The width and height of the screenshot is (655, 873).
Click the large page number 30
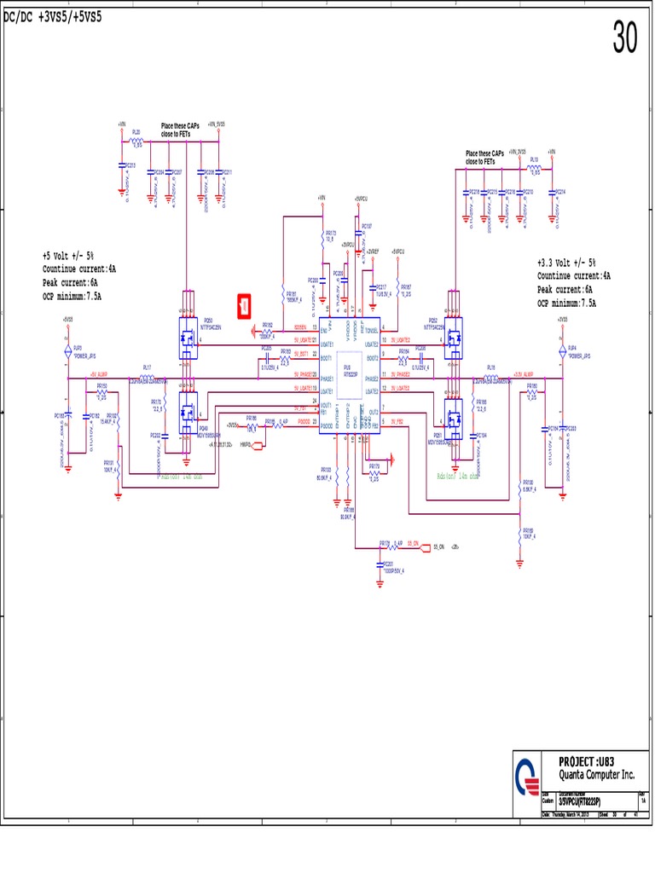pos(624,38)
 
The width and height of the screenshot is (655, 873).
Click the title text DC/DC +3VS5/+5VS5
pos(53,17)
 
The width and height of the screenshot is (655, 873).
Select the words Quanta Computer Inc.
pos(596,775)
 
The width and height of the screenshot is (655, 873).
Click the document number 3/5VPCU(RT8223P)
pos(579,802)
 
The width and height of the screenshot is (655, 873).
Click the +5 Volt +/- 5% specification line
pos(68,256)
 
